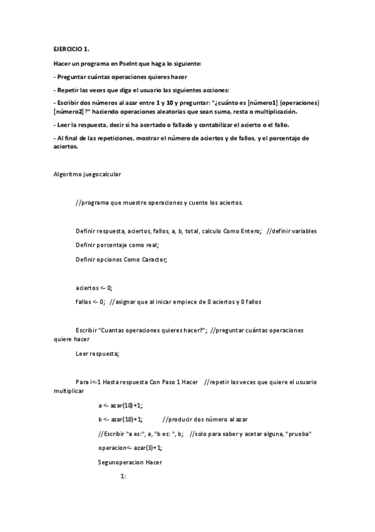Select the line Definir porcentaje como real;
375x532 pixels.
pyautogui.click(x=117, y=245)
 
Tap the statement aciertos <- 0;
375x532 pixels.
pyautogui.click(x=93, y=287)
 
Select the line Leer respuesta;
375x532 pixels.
pyautogui.click(x=96, y=353)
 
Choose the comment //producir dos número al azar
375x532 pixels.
pyautogui.click(x=204, y=419)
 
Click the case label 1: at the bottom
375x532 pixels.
pyautogui.click(x=123, y=476)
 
